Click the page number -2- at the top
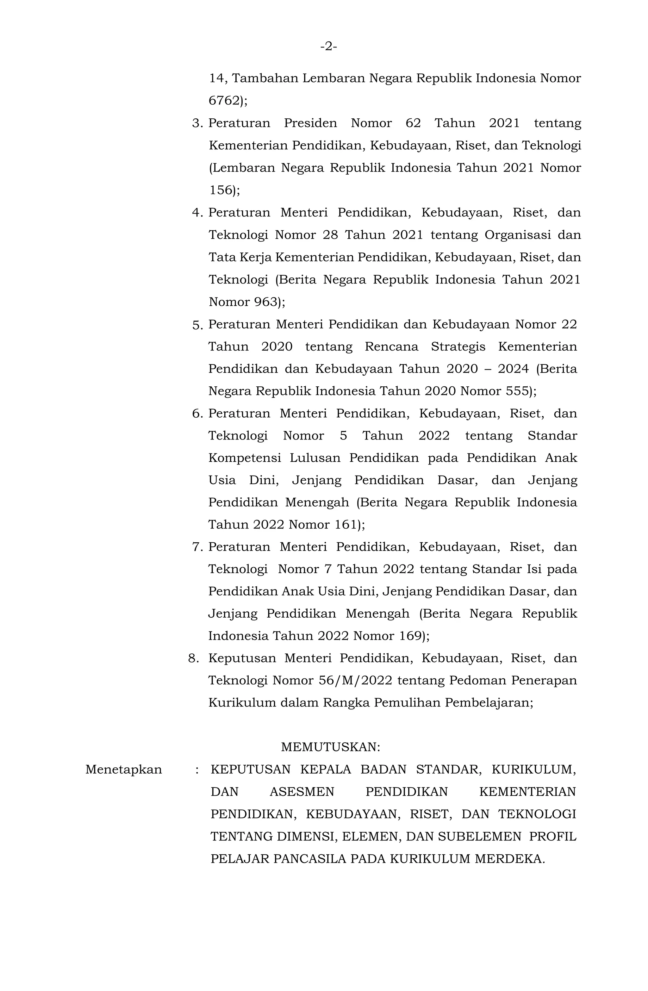[328, 47]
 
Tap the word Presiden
[310, 123]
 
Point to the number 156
[220, 190]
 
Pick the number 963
[266, 302]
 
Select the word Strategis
[458, 346]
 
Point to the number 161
[346, 525]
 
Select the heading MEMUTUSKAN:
[331, 747]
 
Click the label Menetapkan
[124, 770]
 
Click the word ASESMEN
[302, 792]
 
